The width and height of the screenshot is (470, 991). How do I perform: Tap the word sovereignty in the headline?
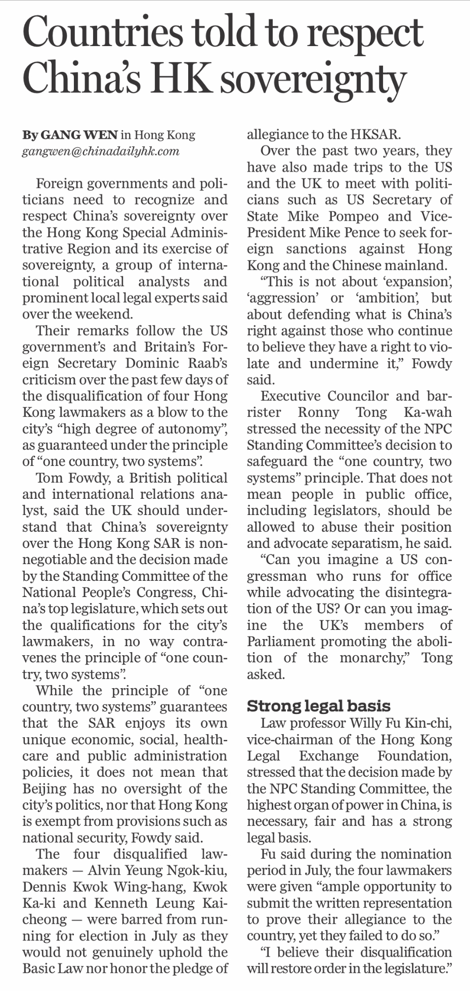click(312, 81)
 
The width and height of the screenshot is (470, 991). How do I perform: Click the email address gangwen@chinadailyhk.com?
click(101, 151)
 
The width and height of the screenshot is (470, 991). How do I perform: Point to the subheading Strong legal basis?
click(318, 705)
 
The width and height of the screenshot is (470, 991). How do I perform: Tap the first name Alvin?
click(104, 870)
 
